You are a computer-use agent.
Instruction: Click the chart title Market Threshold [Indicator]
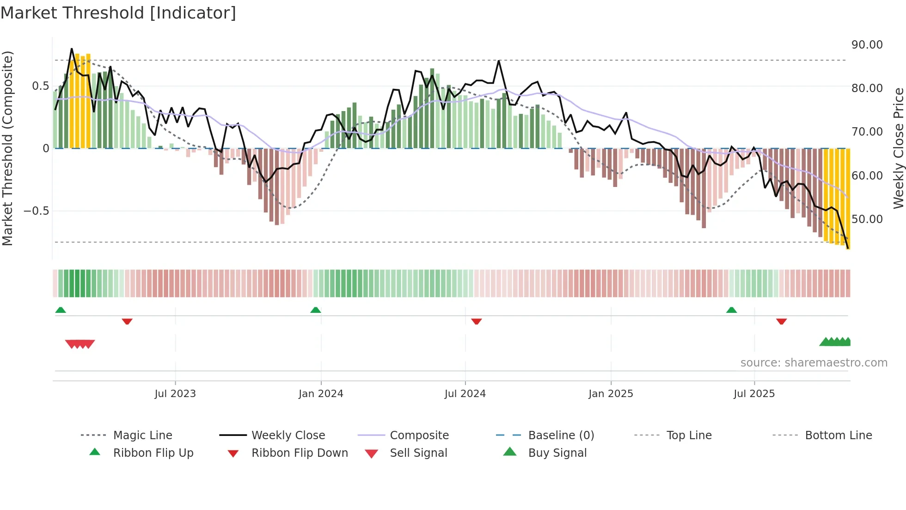tap(118, 13)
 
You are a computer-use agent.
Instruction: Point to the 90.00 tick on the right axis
tap(867, 45)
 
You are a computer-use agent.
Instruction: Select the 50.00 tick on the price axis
tap(867, 219)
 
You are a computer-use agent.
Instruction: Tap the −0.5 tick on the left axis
tap(36, 211)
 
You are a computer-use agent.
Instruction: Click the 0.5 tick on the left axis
tap(40, 86)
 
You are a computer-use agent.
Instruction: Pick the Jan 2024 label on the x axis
tap(321, 394)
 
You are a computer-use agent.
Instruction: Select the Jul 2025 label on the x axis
tap(754, 394)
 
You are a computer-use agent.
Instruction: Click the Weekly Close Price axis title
tap(898, 148)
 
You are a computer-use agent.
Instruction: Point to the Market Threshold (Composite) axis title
tap(7, 148)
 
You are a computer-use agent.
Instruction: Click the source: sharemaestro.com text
tap(814, 363)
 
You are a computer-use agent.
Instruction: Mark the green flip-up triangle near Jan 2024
tap(316, 310)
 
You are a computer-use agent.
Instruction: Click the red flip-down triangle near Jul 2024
tap(477, 321)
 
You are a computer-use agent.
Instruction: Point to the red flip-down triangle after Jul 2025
tap(782, 321)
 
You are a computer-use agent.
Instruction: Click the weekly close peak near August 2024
tap(499, 61)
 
